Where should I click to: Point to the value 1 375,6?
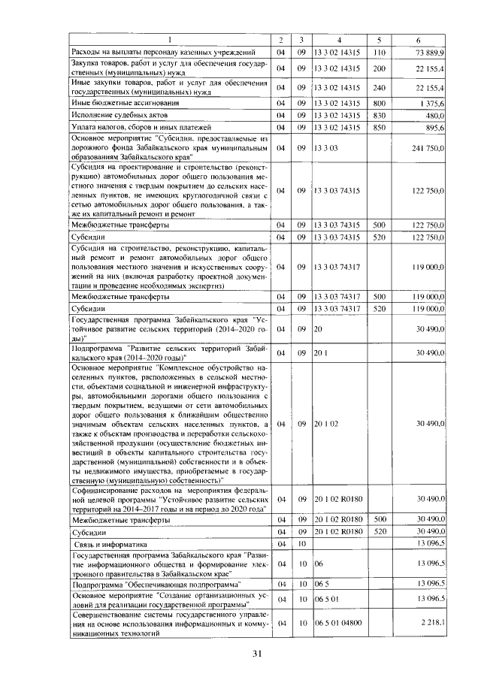click(432, 102)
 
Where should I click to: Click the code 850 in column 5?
click(379, 128)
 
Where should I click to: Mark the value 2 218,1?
click(433, 623)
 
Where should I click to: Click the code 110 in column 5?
click(379, 52)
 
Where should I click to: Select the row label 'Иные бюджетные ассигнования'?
click(114, 102)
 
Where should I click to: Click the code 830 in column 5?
click(379, 115)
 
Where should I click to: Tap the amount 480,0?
click(435, 115)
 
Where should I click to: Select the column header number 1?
click(170, 39)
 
